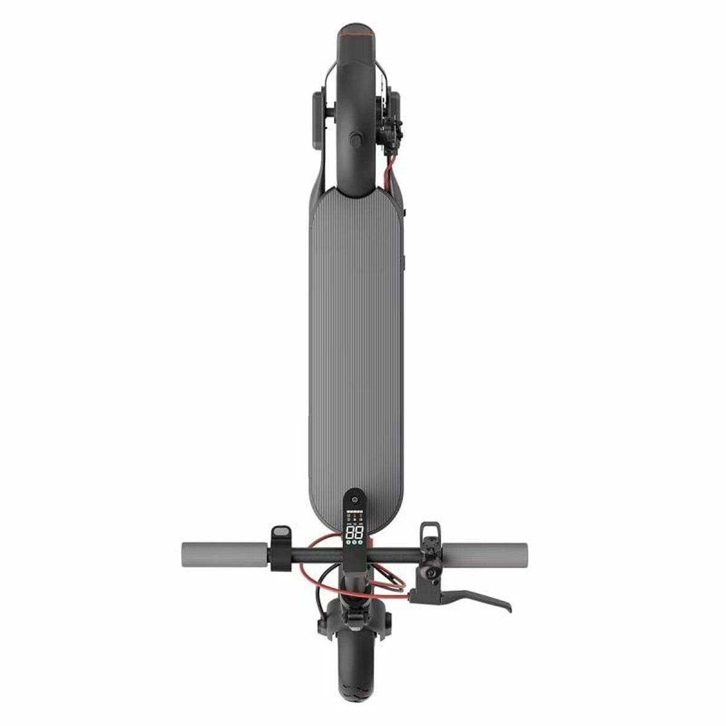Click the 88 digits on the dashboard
355,533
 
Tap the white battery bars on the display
355,511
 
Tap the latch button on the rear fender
355,140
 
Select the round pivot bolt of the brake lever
432,572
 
